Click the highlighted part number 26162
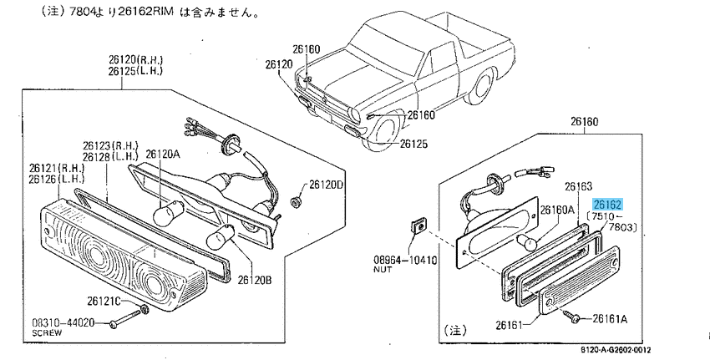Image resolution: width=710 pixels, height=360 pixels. (607, 204)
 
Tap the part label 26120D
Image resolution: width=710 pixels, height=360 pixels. (327, 185)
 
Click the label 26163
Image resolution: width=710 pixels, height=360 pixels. (578, 186)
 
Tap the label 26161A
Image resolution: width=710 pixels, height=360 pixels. (611, 318)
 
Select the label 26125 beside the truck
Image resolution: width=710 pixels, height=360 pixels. (413, 143)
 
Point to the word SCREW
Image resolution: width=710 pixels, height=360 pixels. (47, 332)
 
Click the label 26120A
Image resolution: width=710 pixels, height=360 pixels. (163, 154)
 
